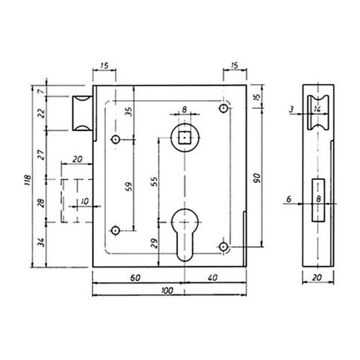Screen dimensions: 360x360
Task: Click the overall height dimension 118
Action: (28, 180)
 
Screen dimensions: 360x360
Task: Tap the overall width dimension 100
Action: (167, 291)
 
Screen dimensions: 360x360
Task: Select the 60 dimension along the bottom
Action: (135, 278)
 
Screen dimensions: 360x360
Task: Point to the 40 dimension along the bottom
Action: (212, 278)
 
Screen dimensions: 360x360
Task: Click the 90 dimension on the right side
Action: (257, 178)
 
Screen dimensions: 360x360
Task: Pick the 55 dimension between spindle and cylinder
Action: (155, 181)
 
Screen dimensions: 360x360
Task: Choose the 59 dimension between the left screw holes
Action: (129, 186)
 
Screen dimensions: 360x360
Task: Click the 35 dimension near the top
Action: (129, 112)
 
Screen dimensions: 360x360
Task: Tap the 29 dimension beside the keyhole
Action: (155, 243)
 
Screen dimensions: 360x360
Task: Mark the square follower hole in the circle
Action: (184, 138)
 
